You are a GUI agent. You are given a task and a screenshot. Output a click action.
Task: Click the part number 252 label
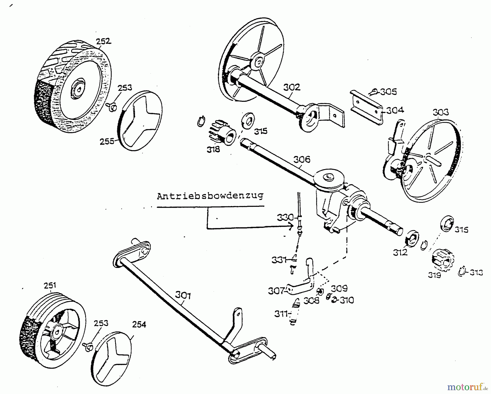click(104, 41)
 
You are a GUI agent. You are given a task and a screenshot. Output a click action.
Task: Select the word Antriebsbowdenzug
click(210, 196)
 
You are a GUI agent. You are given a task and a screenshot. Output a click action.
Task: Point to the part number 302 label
click(292, 87)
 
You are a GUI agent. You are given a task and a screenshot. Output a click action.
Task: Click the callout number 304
click(395, 110)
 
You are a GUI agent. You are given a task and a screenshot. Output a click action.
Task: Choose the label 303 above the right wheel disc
click(441, 112)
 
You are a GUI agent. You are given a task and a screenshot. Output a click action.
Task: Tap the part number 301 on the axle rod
click(183, 295)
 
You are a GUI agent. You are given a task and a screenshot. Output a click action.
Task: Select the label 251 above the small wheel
click(50, 285)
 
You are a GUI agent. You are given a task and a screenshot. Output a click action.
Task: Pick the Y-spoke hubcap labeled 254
click(111, 360)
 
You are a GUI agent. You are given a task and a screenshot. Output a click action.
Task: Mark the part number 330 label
click(285, 217)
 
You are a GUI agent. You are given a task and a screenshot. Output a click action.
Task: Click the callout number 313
click(475, 272)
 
